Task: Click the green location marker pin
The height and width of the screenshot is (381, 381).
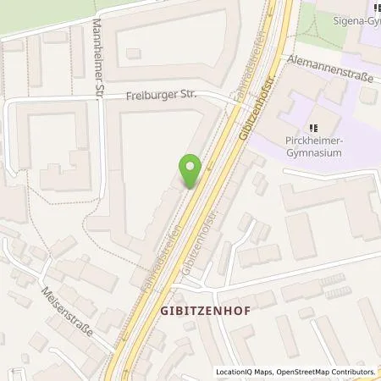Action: pos(192,171)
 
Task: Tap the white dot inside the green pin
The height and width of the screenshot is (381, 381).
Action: pos(192,167)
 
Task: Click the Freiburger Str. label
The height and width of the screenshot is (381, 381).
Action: pos(162,97)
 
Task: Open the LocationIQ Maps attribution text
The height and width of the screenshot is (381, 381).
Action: pos(245,372)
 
